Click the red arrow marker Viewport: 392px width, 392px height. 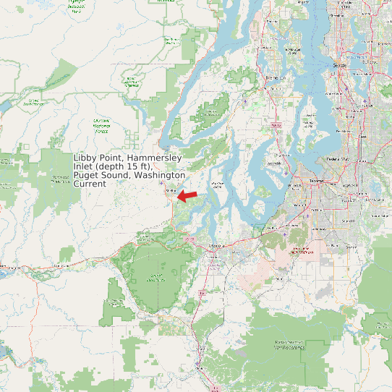(x=187, y=195)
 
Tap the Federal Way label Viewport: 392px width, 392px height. (x=338, y=158)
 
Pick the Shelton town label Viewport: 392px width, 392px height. (x=171, y=191)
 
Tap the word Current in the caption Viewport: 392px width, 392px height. (x=90, y=184)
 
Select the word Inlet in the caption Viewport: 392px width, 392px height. (x=84, y=166)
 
